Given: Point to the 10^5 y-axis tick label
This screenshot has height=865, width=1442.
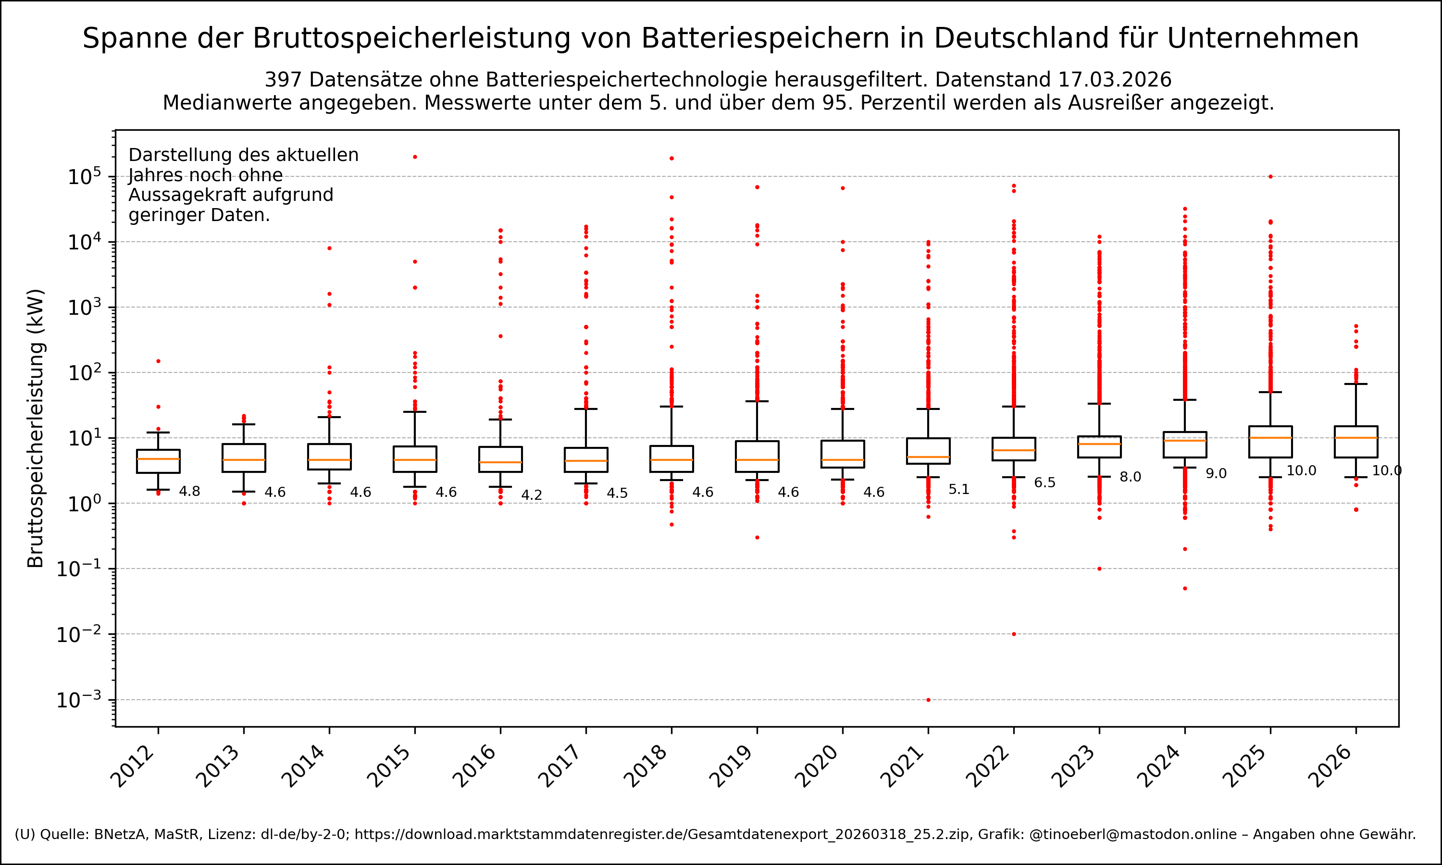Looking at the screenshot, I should tap(85, 177).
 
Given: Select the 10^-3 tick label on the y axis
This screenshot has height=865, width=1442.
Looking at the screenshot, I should tap(79, 700).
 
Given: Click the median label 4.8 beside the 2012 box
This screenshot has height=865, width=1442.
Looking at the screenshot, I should tap(189, 492).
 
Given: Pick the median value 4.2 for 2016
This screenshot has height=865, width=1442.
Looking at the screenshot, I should tap(532, 495).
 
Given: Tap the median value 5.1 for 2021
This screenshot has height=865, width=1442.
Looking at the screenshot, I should tap(959, 490).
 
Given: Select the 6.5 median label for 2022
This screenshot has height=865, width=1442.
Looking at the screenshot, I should tap(1044, 482).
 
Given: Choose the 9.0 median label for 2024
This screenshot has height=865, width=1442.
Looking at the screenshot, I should tap(1216, 474).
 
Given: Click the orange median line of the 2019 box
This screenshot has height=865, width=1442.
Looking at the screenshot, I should tap(757, 460).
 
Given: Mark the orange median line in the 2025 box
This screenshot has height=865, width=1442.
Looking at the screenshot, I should tap(1270, 438).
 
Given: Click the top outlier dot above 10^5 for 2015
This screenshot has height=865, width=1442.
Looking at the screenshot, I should tap(415, 157).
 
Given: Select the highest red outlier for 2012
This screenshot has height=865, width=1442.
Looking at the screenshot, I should tap(158, 361).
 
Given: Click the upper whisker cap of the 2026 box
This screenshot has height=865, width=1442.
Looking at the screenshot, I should tap(1356, 384).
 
